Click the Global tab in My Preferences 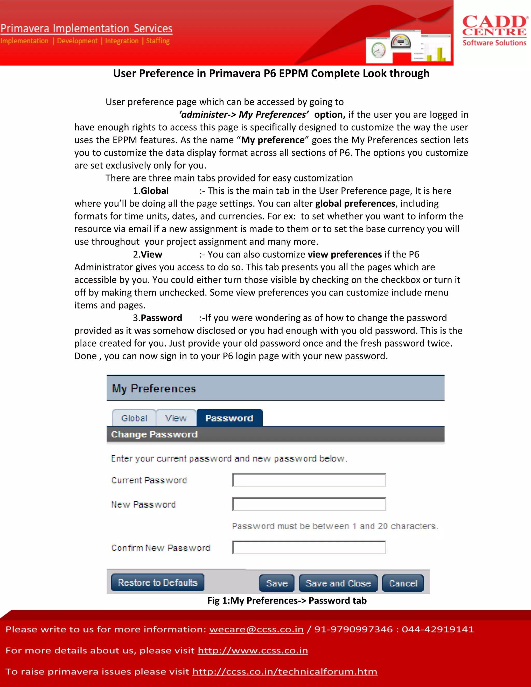coord(134,418)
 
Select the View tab coord(176,418)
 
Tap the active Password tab coord(229,418)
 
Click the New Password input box coord(309,504)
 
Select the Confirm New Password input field coord(309,548)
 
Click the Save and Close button coord(338,583)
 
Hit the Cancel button coord(403,583)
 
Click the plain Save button coord(277,583)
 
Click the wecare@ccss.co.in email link coord(256,629)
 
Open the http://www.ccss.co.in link coord(253,650)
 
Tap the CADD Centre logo coord(494,30)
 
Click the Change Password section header coord(154,434)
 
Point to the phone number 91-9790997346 coord(353,629)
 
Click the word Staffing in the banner coord(158,41)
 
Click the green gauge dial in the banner coord(379,50)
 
